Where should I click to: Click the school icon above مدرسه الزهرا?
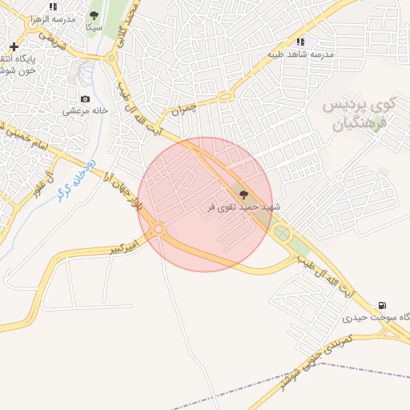coord(53,6)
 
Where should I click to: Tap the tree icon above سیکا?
coord(94,15)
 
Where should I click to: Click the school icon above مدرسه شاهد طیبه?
coord(300,42)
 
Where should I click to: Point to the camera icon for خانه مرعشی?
coord(85,99)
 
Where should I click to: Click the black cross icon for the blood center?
coord(14,46)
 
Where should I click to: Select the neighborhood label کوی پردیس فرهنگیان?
coord(359,114)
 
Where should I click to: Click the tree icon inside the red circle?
coord(243,194)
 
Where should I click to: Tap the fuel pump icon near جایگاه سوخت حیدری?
coord(382,305)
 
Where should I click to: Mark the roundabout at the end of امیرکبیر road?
coord(159,229)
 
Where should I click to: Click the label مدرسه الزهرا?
coord(53,18)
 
